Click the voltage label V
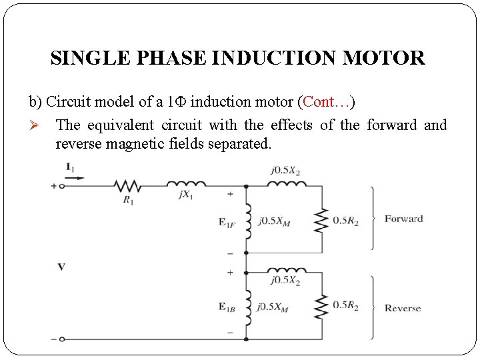(x=61, y=267)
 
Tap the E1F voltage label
(x=226, y=223)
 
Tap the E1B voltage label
(x=226, y=307)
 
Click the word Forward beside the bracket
(x=403, y=219)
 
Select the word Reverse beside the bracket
(x=403, y=308)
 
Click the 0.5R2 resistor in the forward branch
(x=322, y=220)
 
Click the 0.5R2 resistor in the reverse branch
(x=322, y=306)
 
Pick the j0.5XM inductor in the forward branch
(x=248, y=221)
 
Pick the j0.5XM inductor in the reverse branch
(x=248, y=307)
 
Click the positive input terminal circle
(x=62, y=186)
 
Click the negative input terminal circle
(x=62, y=339)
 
